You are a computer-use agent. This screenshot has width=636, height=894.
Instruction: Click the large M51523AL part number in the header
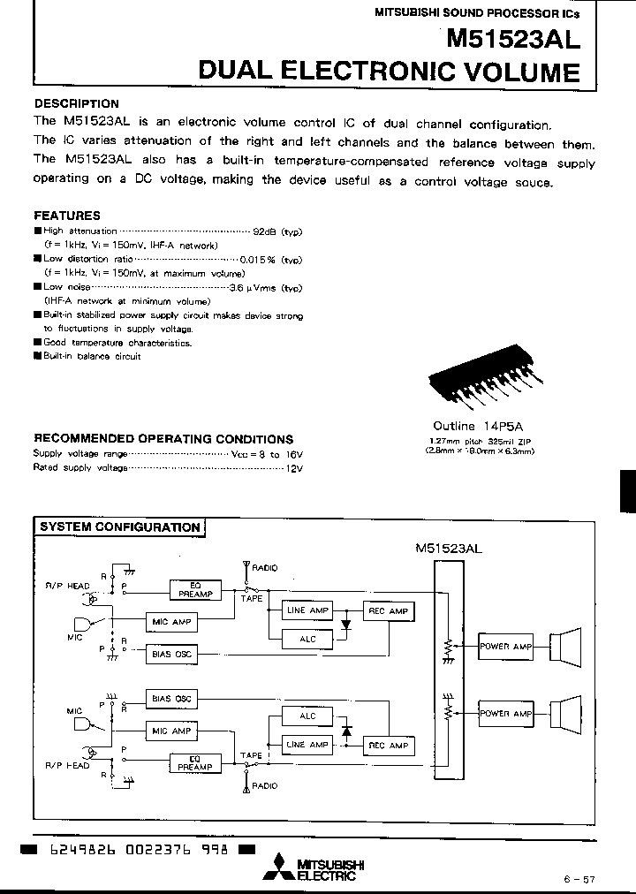coord(513,39)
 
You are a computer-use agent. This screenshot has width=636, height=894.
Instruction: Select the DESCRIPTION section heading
coord(76,103)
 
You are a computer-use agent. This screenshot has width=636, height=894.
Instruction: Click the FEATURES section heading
coord(67,215)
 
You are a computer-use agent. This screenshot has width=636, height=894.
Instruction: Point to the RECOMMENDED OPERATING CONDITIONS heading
coord(163,439)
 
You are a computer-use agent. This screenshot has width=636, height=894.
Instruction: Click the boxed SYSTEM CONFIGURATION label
coord(120,527)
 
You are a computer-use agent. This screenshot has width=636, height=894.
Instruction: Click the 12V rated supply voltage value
coord(294,467)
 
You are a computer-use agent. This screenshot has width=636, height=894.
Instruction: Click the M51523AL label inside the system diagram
coord(448,549)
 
